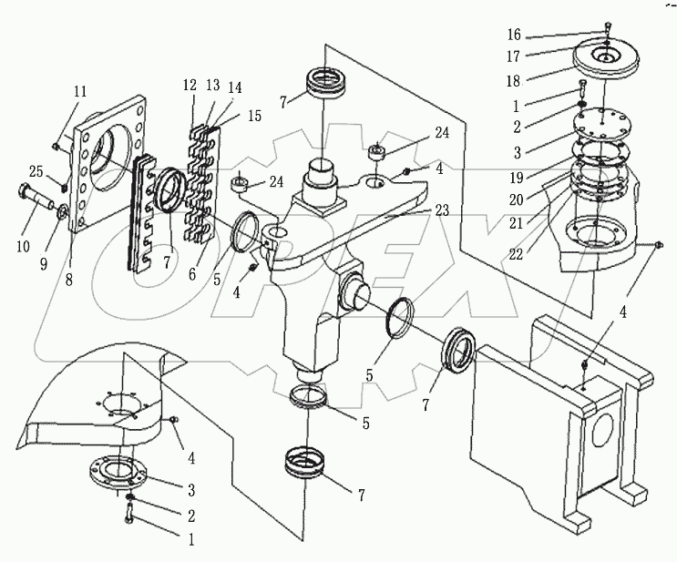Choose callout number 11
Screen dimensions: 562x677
81,92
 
